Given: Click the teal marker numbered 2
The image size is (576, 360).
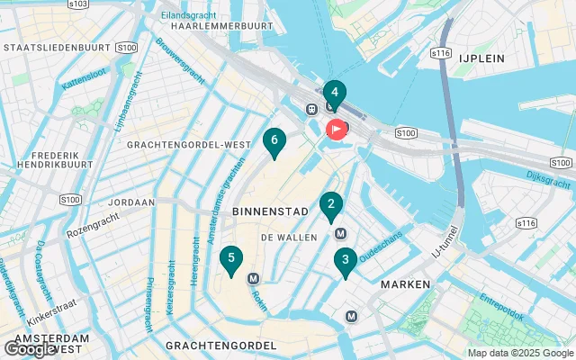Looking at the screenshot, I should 330,206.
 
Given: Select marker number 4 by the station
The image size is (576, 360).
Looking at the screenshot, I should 334,93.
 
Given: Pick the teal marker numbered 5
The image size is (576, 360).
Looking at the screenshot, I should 231,259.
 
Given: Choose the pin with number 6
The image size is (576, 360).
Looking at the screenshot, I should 274,140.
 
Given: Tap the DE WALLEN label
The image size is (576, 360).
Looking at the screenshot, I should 289,237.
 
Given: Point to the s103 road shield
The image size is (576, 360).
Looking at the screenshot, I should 78,4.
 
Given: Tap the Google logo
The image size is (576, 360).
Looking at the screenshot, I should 30,349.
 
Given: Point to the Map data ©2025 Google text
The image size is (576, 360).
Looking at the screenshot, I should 519,353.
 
